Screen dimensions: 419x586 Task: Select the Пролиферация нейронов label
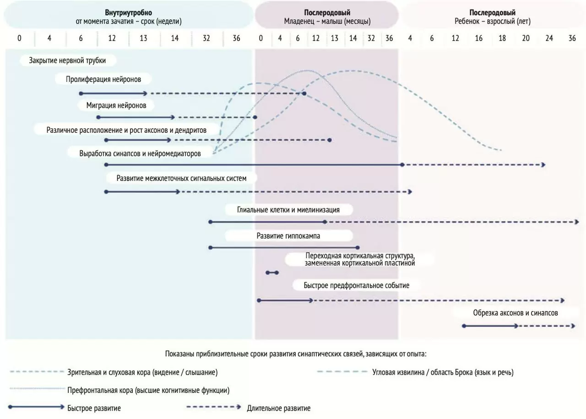coord(103,79)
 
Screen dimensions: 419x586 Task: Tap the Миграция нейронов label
coord(116,105)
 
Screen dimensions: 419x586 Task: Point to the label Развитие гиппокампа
coord(288,236)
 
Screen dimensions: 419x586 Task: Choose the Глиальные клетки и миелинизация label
coord(288,210)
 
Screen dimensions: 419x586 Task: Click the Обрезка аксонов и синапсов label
coord(515,313)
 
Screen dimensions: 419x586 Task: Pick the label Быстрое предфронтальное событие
coord(356,285)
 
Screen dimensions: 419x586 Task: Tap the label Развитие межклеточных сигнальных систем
coord(181,178)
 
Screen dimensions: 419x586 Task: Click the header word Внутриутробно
coord(128,13)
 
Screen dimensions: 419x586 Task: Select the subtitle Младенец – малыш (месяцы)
coord(326,22)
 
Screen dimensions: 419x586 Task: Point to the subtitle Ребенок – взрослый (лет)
coord(493,22)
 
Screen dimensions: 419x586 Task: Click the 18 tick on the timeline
coord(502,38)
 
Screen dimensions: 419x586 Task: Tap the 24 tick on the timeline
coord(549,38)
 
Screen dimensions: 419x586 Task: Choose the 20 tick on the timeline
coord(526,38)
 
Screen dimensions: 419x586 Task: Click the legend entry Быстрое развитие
coord(94,408)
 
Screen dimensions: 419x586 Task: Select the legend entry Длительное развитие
coord(278,408)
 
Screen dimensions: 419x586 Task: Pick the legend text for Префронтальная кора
coord(148,391)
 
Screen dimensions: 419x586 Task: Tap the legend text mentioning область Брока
coord(443,372)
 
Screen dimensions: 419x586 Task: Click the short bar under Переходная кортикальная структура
coord(272,272)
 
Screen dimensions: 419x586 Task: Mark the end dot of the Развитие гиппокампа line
coord(358,247)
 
